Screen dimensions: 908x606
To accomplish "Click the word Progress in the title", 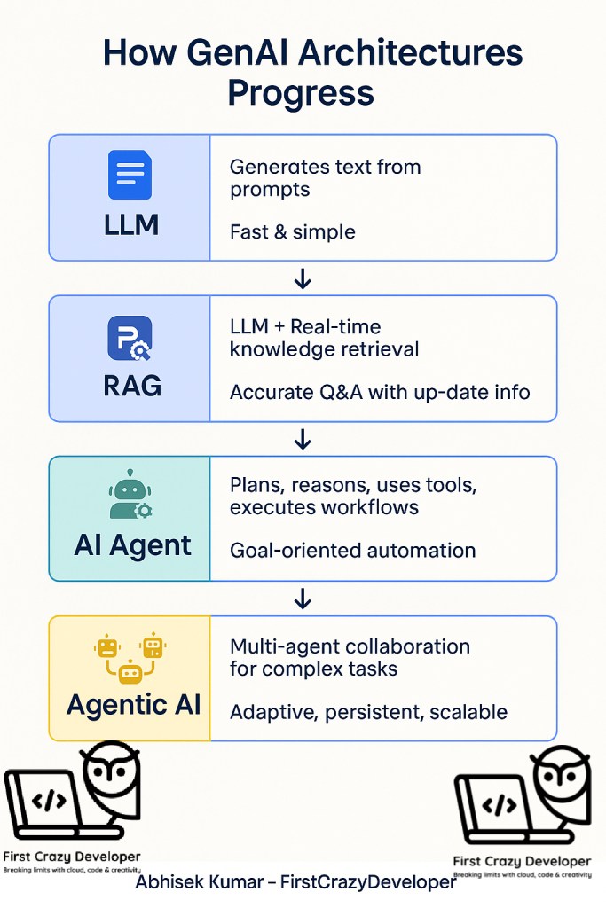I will (301, 93).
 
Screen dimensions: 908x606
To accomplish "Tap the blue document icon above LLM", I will (130, 175).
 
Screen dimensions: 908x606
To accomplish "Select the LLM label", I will (130, 224).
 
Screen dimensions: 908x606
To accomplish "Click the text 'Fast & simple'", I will (292, 232).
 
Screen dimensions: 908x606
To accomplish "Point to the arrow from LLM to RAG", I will (303, 280).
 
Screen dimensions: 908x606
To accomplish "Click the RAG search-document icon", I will (130, 338).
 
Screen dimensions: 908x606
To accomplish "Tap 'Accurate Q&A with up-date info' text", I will (380, 391).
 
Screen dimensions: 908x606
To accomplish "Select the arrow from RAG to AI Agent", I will (303, 439).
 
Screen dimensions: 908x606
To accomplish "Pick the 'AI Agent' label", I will (132, 545).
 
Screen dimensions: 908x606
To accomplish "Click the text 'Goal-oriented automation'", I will (352, 551).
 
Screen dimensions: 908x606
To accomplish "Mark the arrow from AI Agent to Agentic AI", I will (303, 599).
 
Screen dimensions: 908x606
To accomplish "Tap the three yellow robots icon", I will (130, 657).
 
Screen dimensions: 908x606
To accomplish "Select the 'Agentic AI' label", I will (133, 706).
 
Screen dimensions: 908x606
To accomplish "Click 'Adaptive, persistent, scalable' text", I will (368, 711).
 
